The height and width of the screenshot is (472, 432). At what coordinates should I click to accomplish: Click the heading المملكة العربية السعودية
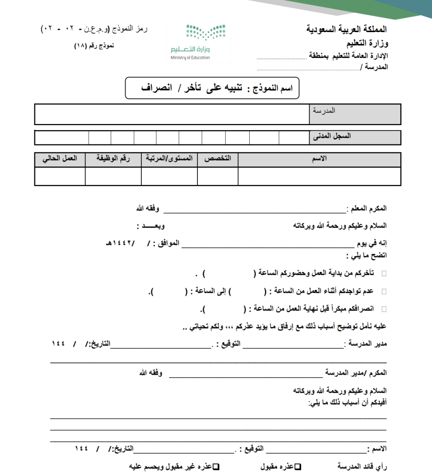coord(346,29)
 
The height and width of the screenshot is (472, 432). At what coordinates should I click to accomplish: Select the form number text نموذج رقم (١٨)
coord(94,46)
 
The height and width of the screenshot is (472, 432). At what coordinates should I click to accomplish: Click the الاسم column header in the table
coord(319,159)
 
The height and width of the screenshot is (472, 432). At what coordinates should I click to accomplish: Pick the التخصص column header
coord(218,159)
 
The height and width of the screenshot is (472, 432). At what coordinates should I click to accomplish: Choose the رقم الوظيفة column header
coord(113,159)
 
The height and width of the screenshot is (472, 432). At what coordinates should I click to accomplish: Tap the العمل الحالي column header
coord(60,159)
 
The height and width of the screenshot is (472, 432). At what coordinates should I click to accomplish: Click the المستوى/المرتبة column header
coord(169,159)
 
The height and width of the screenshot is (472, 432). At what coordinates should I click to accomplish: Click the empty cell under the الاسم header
coord(319,176)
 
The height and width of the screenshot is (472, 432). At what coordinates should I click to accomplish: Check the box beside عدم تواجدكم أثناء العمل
coord(383,292)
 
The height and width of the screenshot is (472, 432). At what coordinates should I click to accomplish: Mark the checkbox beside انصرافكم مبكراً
coord(383,309)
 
